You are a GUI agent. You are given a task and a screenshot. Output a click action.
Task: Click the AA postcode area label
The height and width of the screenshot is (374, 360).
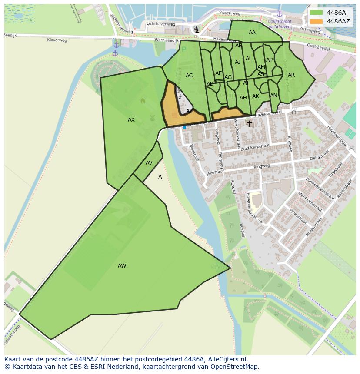pyautogui.click(x=252, y=33)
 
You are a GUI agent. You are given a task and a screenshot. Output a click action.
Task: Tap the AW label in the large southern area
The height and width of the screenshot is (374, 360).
pyautogui.click(x=122, y=266)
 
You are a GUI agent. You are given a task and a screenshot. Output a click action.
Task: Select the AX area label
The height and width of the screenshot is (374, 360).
pyautogui.click(x=131, y=120)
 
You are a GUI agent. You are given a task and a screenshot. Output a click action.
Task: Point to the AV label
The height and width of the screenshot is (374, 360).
pyautogui.click(x=149, y=163)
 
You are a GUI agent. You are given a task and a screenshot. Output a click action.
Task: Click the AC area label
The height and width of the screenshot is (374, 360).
pyautogui.click(x=189, y=76)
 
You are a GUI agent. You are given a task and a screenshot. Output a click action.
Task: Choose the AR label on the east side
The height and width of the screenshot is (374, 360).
pyautogui.click(x=291, y=75)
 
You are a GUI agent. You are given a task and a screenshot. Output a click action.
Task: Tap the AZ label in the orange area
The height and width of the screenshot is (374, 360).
pyautogui.click(x=190, y=111)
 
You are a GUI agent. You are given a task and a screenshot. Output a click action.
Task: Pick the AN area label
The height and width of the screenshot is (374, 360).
pyautogui.click(x=273, y=96)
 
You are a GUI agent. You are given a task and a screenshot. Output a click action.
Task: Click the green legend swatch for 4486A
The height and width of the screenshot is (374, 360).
pyautogui.click(x=317, y=13)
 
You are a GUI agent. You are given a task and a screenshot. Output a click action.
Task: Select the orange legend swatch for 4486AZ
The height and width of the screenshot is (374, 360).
pyautogui.click(x=317, y=21)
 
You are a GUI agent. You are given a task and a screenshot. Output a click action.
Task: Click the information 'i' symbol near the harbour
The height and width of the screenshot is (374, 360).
pyautogui.click(x=197, y=30)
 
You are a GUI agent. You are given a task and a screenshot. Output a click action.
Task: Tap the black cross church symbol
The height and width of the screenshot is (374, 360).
pyautogui.click(x=250, y=124)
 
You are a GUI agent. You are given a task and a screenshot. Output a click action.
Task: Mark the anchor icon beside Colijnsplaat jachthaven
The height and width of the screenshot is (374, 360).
pyautogui.click(x=280, y=14)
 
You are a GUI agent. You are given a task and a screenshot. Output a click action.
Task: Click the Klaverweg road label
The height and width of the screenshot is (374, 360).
pyautogui.click(x=57, y=40)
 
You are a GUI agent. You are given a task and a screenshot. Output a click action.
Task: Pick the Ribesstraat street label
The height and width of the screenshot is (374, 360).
pyautogui.click(x=298, y=216)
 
